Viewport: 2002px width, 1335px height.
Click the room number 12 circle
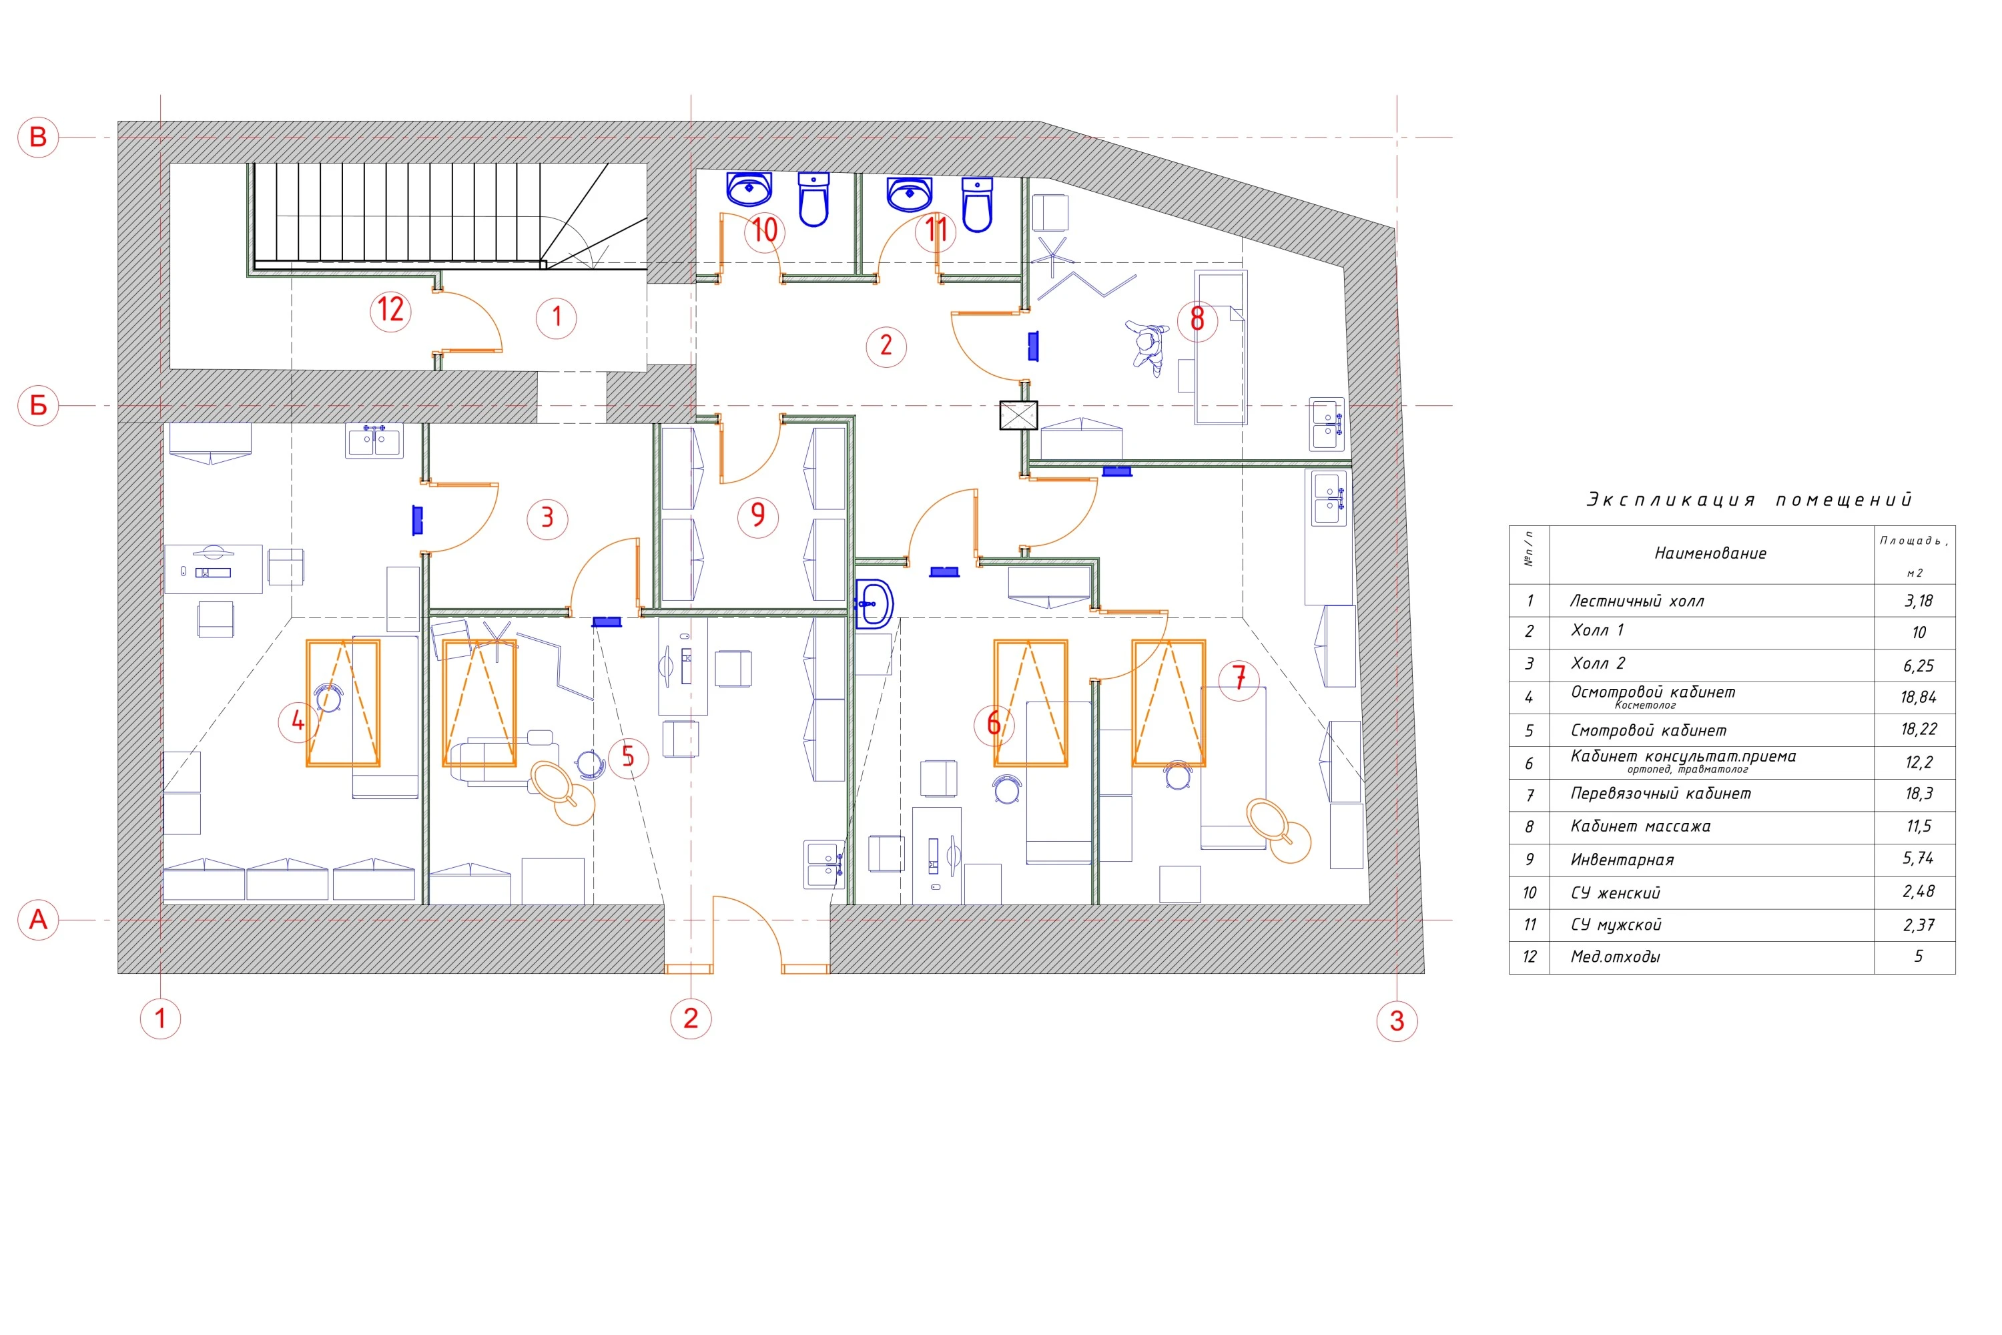pyautogui.click(x=390, y=311)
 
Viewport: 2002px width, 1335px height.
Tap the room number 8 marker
pyautogui.click(x=1198, y=320)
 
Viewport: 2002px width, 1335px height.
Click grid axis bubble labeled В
pyautogui.click(x=38, y=137)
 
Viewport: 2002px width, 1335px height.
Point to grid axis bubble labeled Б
pyautogui.click(x=38, y=405)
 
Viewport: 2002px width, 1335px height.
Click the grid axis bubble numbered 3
pyautogui.click(x=1397, y=1021)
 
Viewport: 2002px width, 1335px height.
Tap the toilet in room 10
pyautogui.click(x=813, y=200)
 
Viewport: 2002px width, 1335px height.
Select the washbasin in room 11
pyautogui.click(x=909, y=194)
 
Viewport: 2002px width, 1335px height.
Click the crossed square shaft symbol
pyautogui.click(x=1018, y=415)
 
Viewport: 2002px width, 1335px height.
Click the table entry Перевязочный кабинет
pyautogui.click(x=1661, y=794)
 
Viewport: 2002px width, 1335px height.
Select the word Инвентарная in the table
pyautogui.click(x=1622, y=860)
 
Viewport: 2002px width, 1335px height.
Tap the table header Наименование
pyautogui.click(x=1710, y=553)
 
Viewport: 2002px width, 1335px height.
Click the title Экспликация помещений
pyautogui.click(x=1749, y=500)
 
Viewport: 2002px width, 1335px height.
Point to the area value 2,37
pyautogui.click(x=1919, y=925)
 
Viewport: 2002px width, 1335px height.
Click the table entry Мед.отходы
pyautogui.click(x=1616, y=957)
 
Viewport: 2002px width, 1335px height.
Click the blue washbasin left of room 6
pyautogui.click(x=874, y=603)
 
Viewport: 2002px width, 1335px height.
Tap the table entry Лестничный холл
pyautogui.click(x=1637, y=602)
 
